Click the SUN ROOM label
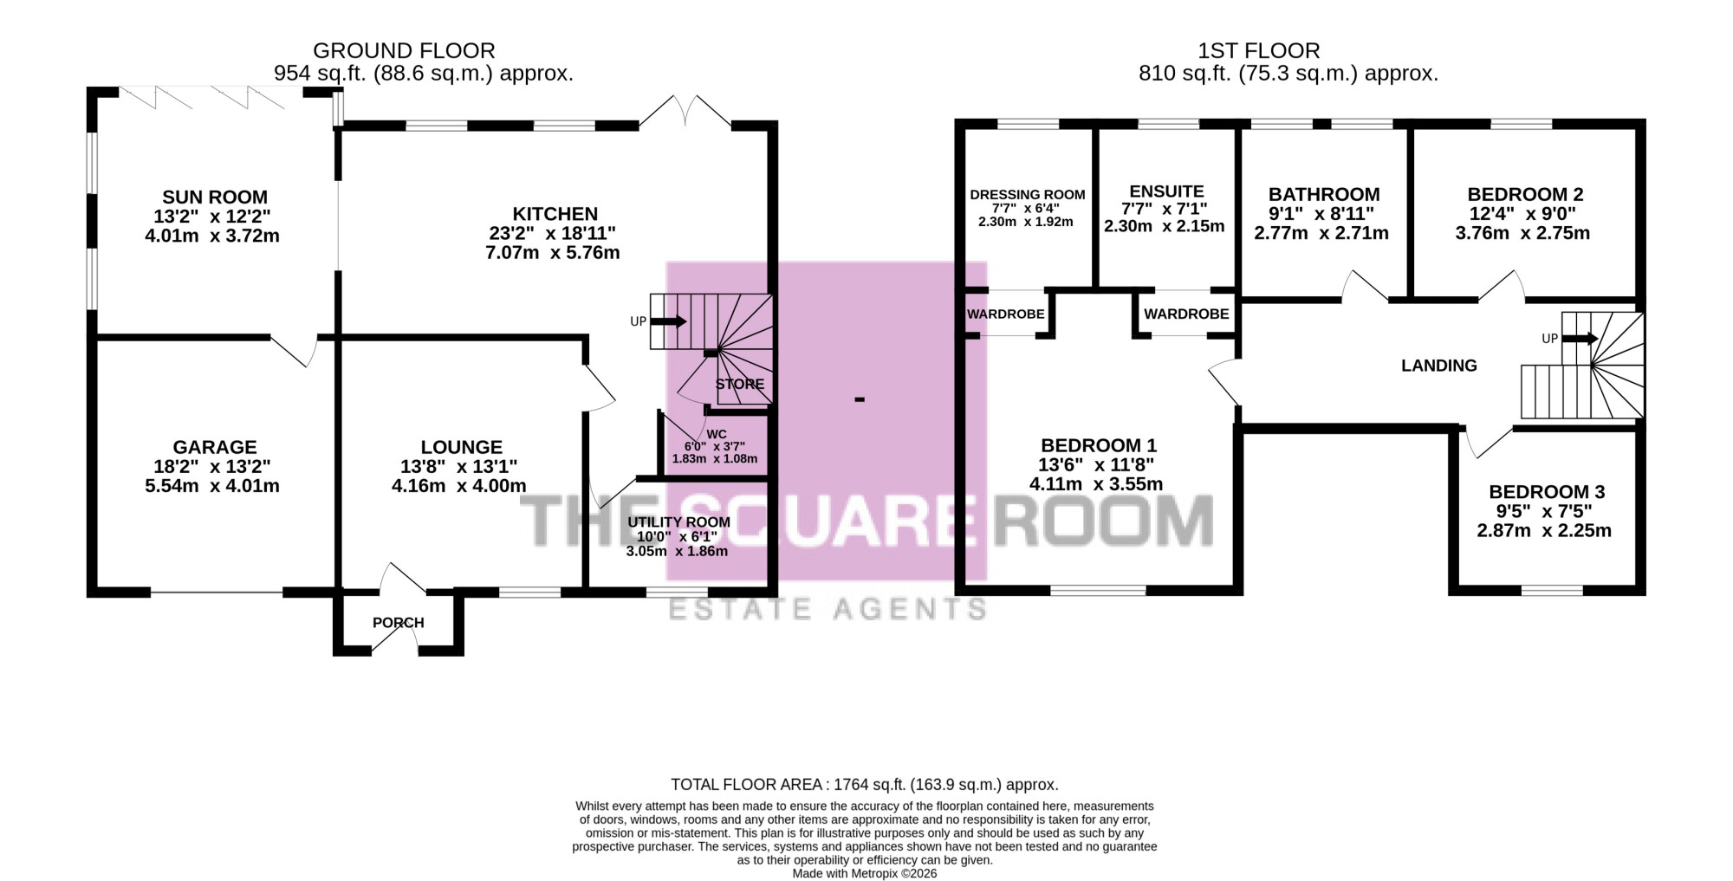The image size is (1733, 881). (215, 198)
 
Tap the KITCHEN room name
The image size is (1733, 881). (555, 214)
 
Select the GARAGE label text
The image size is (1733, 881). (215, 447)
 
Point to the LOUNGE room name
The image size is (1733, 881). (461, 447)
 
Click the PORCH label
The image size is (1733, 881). (399, 623)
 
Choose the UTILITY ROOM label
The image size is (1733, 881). (678, 522)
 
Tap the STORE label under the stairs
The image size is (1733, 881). (740, 384)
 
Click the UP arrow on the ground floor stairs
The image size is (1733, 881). (668, 321)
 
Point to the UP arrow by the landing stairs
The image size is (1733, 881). (1580, 339)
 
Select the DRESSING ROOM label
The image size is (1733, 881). (1028, 195)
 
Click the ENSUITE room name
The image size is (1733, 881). (1166, 191)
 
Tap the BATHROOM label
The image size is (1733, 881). (1324, 195)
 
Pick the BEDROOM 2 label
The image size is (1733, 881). (1525, 195)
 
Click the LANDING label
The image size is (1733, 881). (1439, 366)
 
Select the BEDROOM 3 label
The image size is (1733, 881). (1547, 492)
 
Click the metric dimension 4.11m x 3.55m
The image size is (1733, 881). (1096, 484)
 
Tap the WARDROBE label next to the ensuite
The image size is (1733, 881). (1186, 314)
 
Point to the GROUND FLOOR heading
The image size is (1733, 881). (404, 51)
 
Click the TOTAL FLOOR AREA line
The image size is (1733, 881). (865, 785)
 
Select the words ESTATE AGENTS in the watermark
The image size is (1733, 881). (828, 609)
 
